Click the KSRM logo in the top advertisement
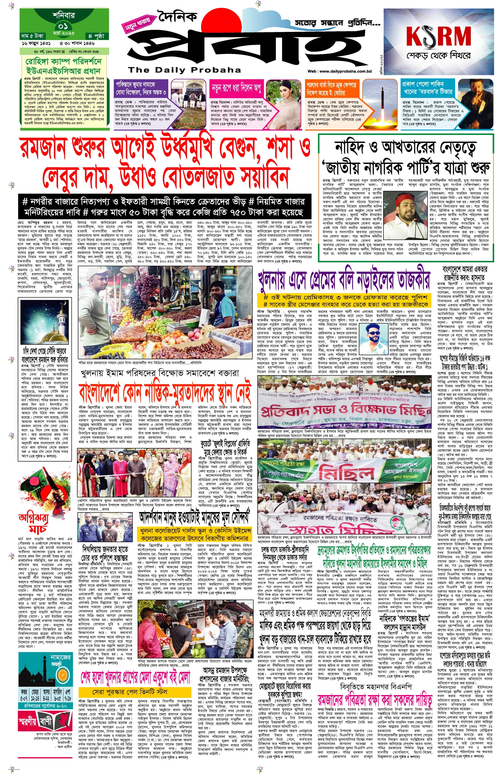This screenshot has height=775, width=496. click(x=438, y=36)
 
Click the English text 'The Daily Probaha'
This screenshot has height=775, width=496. click(x=184, y=70)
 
